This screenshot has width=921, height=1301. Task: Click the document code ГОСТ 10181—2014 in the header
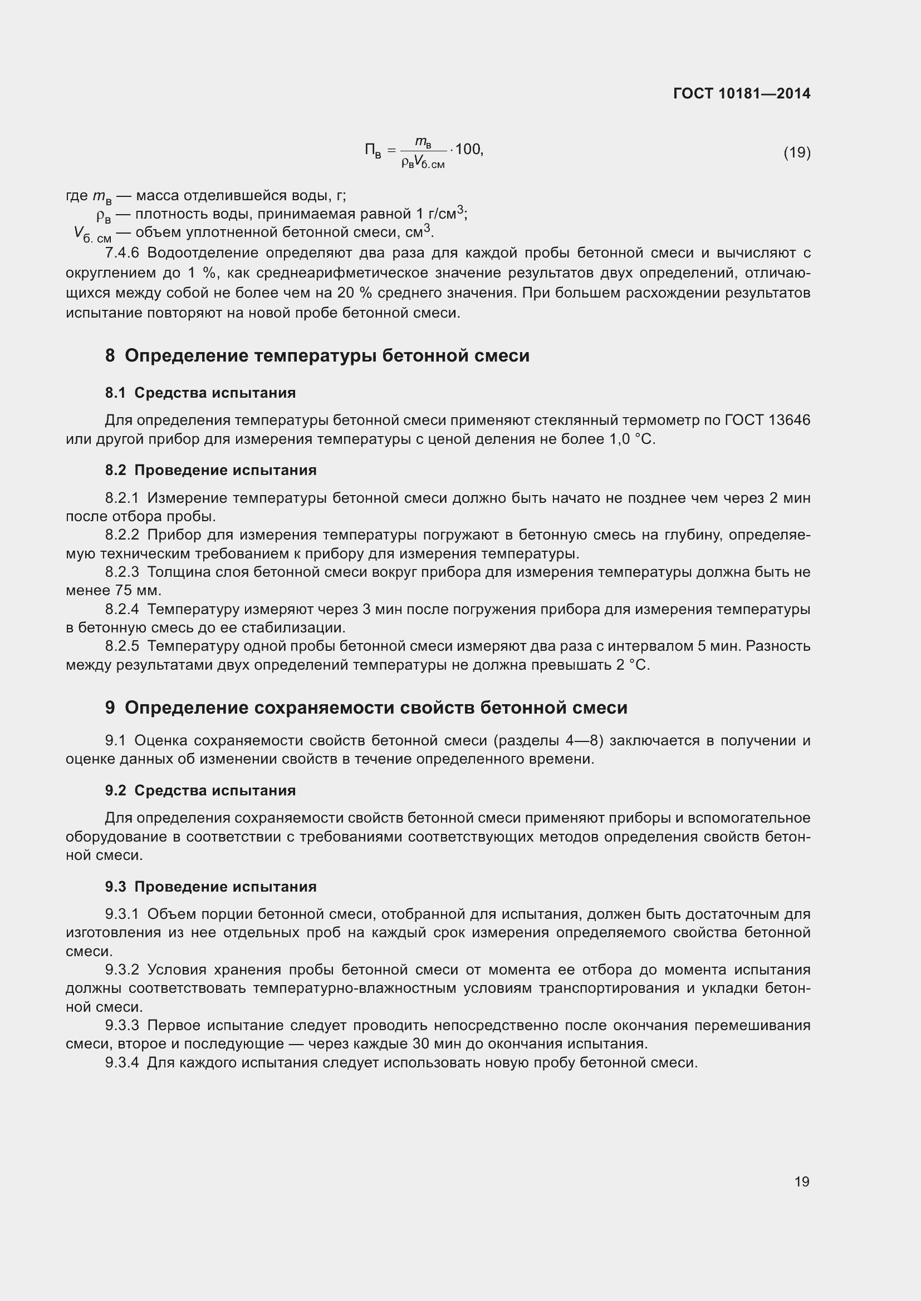pyautogui.click(x=741, y=93)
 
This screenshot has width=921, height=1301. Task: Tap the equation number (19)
pyautogui.click(x=797, y=152)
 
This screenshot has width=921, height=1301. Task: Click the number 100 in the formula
pyautogui.click(x=467, y=149)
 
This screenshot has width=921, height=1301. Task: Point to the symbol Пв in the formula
pyautogui.click(x=373, y=151)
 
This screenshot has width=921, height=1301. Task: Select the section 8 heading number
pyautogui.click(x=110, y=356)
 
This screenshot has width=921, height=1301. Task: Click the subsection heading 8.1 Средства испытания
pyautogui.click(x=200, y=393)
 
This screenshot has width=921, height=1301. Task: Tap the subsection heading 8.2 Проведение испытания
pyautogui.click(x=210, y=471)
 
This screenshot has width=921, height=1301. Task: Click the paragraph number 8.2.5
pyautogui.click(x=122, y=646)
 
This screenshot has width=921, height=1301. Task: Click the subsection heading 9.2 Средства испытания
pyautogui.click(x=200, y=790)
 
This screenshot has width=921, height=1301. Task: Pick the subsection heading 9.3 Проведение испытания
pyautogui.click(x=210, y=887)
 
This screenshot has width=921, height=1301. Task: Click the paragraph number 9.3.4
pyautogui.click(x=122, y=1062)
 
